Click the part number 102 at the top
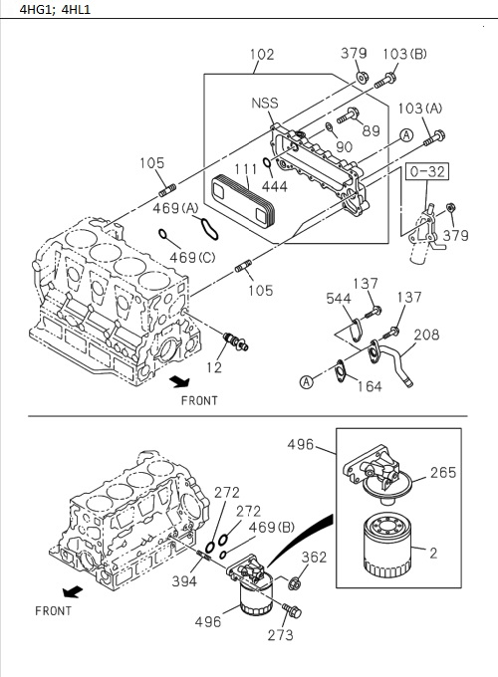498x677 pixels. point(261,56)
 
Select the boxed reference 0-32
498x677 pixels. point(426,172)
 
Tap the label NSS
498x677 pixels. point(265,104)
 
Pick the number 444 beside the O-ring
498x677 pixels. point(276,185)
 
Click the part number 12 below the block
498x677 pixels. point(215,369)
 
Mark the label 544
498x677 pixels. point(340,298)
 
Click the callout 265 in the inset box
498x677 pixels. point(443,473)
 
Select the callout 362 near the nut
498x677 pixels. point(314,558)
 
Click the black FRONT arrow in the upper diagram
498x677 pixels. point(180,380)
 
